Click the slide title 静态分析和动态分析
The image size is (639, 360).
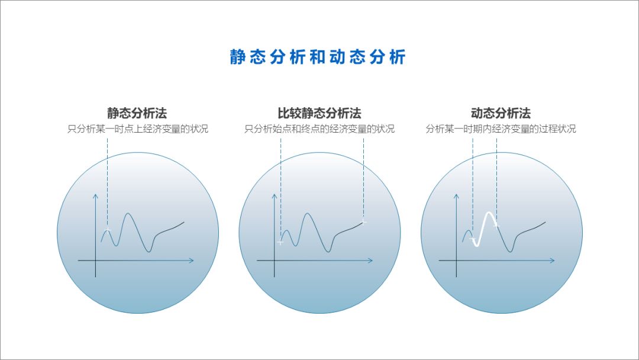pyautogui.click(x=318, y=57)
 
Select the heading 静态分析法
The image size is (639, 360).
pyautogui.click(x=137, y=113)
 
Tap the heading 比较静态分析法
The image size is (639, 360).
pyautogui.click(x=319, y=113)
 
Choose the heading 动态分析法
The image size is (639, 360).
pyautogui.click(x=501, y=113)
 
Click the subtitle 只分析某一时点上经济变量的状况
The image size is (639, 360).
pyautogui.click(x=138, y=129)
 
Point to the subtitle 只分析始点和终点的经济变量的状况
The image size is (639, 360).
pyautogui.click(x=319, y=129)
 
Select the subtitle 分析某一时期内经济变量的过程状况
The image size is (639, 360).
pyautogui.click(x=501, y=129)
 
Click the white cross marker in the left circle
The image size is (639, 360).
pyautogui.click(x=107, y=229)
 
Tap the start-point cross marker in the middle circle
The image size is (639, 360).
pyautogui.click(x=280, y=242)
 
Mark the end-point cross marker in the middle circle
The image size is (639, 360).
pyautogui.click(x=363, y=222)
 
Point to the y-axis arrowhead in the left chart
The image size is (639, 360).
pyautogui.click(x=95, y=196)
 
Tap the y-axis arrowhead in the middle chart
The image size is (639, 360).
pyautogui.click(x=274, y=196)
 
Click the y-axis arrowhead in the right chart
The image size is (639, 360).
pyautogui.click(x=456, y=196)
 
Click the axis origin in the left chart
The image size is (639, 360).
pyautogui.click(x=95, y=261)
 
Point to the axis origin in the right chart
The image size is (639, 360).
pyautogui.click(x=456, y=261)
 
